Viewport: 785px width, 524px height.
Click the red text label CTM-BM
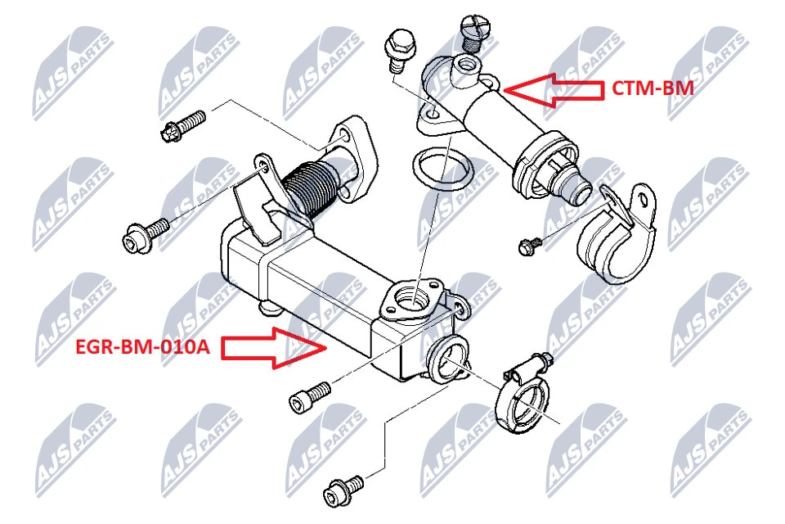[x=653, y=88]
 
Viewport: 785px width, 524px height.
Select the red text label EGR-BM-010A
[x=142, y=347]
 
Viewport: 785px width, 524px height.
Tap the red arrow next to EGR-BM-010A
[x=274, y=347]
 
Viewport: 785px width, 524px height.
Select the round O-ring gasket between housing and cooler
[x=441, y=174]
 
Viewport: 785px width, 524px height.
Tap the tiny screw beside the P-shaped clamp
[x=529, y=243]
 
